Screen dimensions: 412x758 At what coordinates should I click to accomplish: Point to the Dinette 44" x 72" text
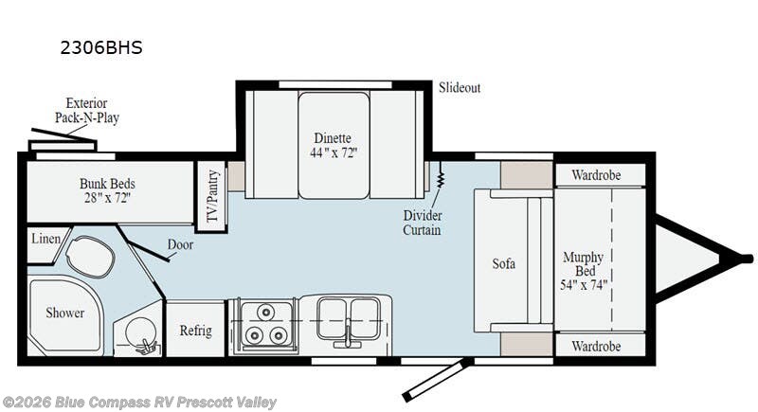334,145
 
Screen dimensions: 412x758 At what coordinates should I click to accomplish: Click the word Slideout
459,87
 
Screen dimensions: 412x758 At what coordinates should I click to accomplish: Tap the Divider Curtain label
422,223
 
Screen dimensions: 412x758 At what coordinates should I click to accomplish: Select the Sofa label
503,263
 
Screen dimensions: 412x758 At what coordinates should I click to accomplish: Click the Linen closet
45,240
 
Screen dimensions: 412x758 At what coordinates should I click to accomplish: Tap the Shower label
65,313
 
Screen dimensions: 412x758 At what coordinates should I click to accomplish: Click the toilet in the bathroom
91,255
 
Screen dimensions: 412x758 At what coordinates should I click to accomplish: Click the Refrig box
195,331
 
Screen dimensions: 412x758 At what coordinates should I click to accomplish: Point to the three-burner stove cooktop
263,324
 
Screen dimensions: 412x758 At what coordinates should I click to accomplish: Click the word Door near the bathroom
180,243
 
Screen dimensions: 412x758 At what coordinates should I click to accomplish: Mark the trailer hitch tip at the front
747,258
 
